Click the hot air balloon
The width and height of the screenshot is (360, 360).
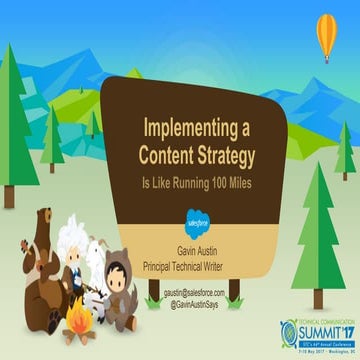pos(325,40)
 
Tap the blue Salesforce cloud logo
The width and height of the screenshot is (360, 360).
pos(195,213)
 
